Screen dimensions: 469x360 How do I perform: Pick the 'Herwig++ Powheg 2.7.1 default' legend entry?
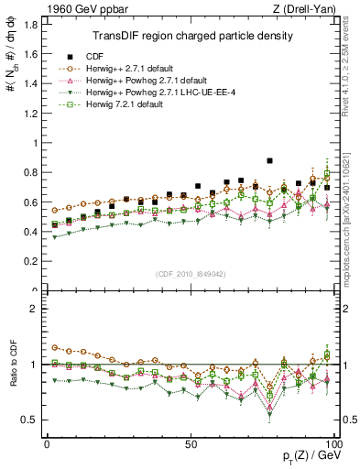pos(147,81)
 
